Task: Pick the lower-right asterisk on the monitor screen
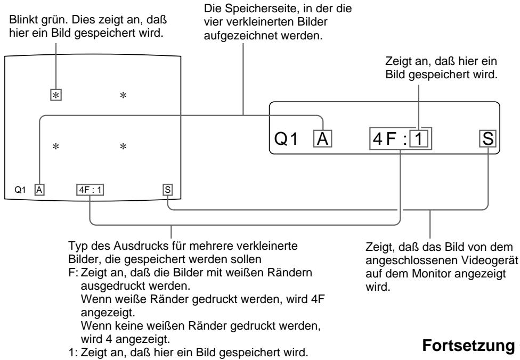[123, 146]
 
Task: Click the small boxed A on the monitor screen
[38, 188]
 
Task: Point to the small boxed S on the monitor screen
[168, 188]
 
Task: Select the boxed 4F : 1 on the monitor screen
[90, 188]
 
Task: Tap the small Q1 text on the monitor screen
[20, 189]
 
